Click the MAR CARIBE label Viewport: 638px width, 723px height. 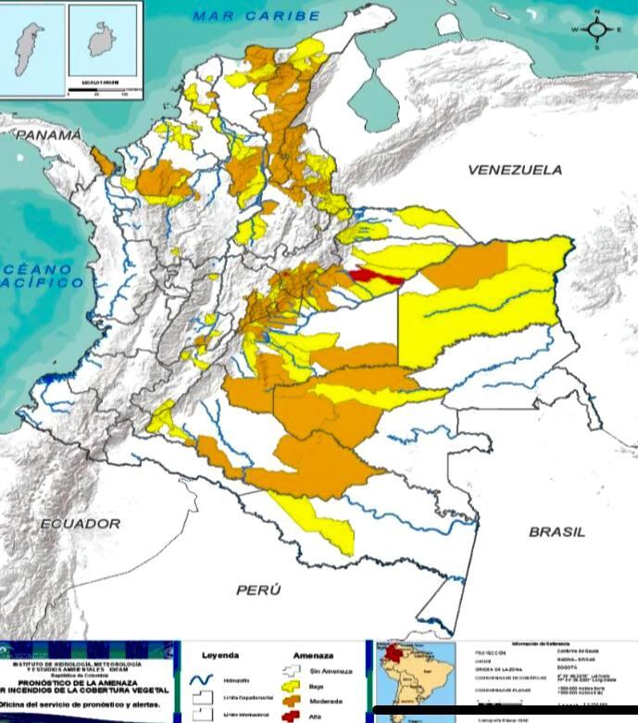point(256,16)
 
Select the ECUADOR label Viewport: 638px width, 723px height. point(80,524)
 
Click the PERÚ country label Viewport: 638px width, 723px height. point(258,590)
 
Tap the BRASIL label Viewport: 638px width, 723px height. point(557,532)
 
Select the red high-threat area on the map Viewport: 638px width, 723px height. point(373,275)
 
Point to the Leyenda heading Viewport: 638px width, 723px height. point(220,653)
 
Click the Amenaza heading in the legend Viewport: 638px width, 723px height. point(312,653)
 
